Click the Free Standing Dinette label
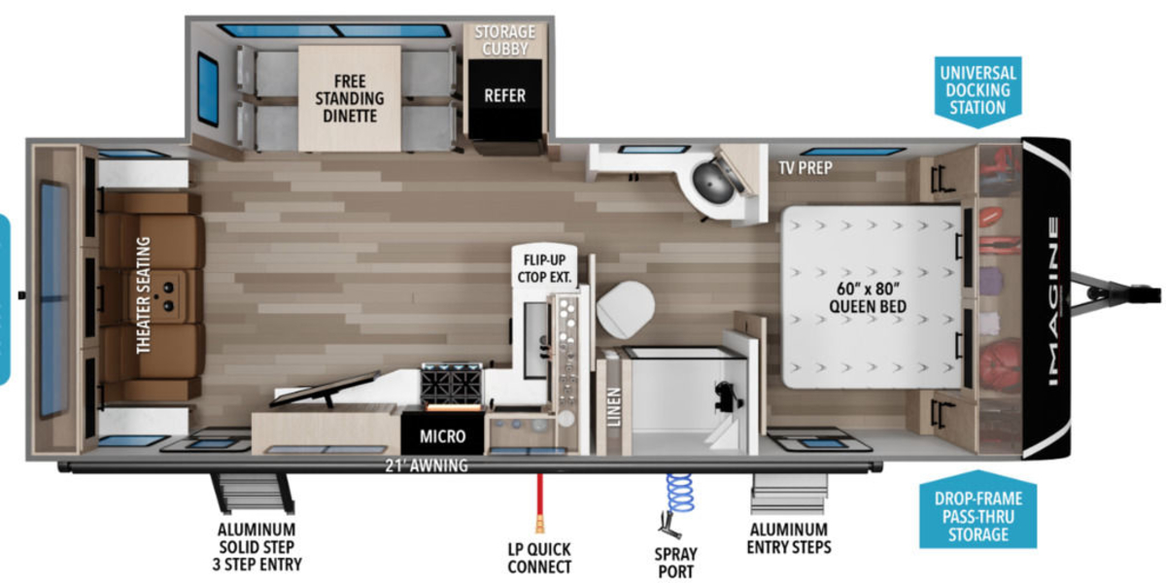(x=349, y=99)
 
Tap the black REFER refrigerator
(x=505, y=99)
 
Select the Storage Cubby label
(x=505, y=40)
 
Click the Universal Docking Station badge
(x=978, y=90)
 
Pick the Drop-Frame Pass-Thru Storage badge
(x=978, y=512)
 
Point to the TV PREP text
(x=806, y=167)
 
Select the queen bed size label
(x=868, y=297)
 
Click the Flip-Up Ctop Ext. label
(x=544, y=268)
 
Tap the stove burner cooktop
(x=452, y=383)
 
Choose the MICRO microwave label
(x=442, y=436)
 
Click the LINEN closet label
(x=614, y=407)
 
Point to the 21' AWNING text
(x=427, y=465)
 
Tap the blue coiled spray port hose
(x=680, y=494)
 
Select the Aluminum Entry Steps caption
(x=789, y=538)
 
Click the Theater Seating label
(x=143, y=295)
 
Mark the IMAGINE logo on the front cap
(x=1052, y=301)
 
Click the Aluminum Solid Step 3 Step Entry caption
(x=257, y=547)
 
